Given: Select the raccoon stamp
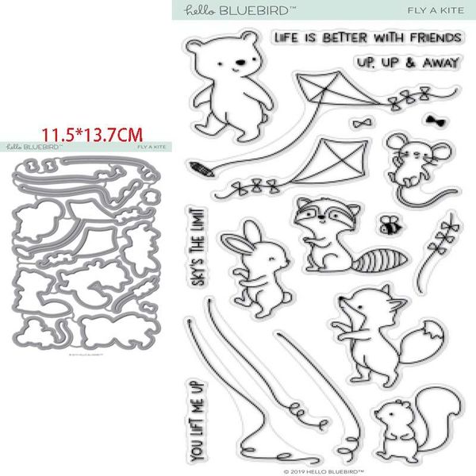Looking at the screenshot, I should (322, 231).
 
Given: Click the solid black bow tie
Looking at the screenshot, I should (434, 119).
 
